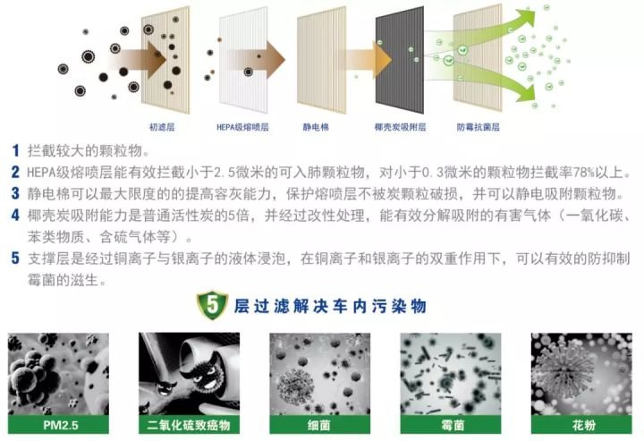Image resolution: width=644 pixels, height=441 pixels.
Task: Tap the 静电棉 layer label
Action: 316,128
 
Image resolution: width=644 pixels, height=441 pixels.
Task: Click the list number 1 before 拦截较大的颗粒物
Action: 15,150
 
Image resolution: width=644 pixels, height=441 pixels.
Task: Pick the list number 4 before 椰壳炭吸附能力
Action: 15,216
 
